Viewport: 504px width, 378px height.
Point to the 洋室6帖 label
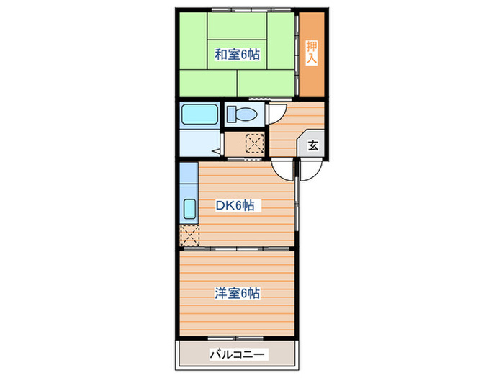[x=236, y=293]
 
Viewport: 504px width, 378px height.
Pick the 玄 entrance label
[x=313, y=145]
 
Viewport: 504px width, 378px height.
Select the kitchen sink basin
[x=189, y=208]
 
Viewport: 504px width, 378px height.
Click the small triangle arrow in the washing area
[x=216, y=151]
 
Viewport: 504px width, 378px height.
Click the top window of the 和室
[x=238, y=13]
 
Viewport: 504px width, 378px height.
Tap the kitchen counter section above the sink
[x=188, y=175]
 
